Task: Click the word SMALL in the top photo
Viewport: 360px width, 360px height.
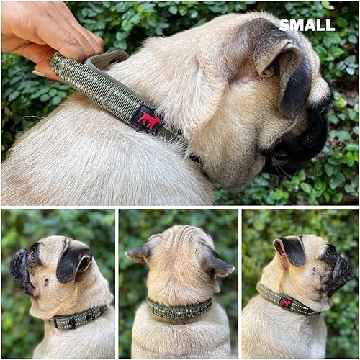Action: tap(307, 25)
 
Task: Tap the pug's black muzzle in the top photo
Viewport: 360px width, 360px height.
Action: tap(302, 144)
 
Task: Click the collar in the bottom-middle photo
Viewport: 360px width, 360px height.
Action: tap(179, 309)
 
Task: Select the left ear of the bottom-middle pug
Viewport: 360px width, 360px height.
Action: tap(140, 253)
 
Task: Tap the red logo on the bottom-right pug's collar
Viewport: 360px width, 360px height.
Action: tap(286, 303)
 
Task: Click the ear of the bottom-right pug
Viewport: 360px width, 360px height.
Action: tap(292, 251)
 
